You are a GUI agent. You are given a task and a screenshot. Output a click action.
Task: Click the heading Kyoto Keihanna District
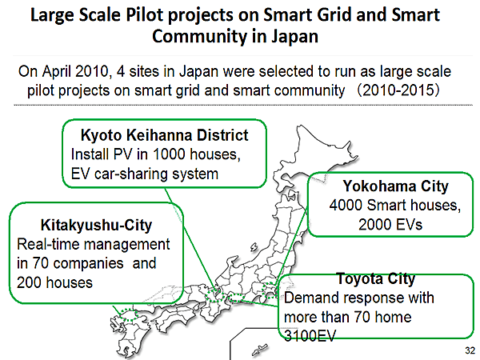tap(164, 135)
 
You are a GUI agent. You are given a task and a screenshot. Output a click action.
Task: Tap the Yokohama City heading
tap(395, 186)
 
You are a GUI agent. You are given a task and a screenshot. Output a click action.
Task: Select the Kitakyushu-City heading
tap(96, 225)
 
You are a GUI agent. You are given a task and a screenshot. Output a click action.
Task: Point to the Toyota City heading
tap(376, 278)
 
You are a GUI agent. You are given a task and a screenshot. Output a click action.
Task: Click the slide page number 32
tap(470, 350)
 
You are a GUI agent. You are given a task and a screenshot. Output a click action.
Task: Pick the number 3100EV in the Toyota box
tap(310, 335)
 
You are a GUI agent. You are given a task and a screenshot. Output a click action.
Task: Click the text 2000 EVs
tap(390, 224)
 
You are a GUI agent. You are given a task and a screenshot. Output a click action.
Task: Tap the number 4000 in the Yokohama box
tap(346, 205)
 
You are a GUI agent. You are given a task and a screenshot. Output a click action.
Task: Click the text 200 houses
tap(54, 282)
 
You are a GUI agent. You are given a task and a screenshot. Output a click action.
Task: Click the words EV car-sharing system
tap(145, 174)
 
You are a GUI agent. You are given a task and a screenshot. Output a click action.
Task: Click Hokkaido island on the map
tap(315, 153)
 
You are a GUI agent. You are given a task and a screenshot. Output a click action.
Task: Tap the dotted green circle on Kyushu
tap(129, 315)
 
